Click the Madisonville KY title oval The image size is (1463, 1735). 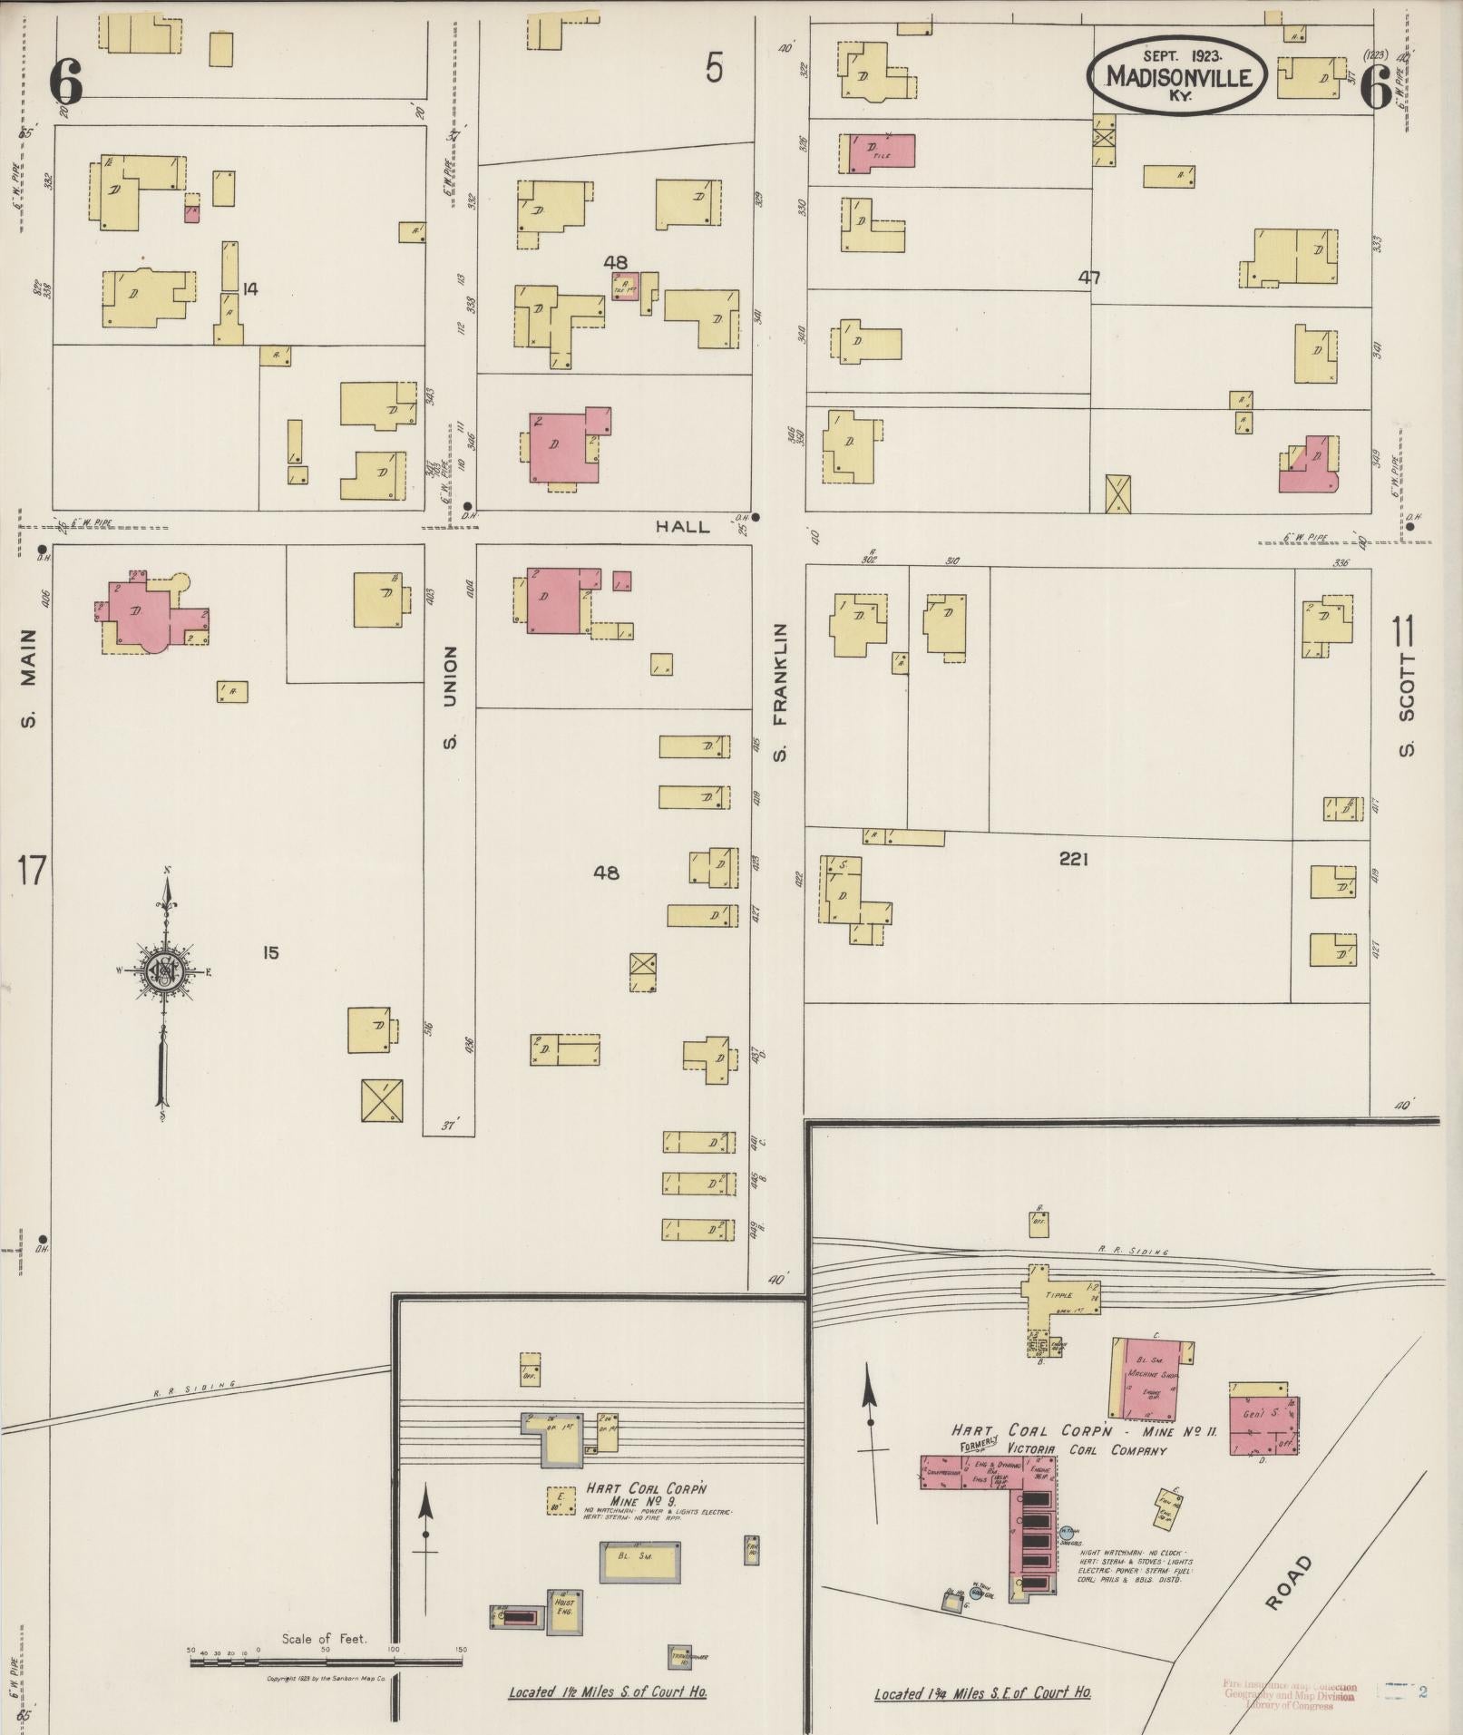[1176, 77]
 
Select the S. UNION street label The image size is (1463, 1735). [450, 698]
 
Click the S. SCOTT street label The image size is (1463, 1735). [1406, 704]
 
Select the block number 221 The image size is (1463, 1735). [1073, 858]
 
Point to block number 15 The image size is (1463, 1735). [270, 952]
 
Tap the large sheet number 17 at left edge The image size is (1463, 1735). [30, 871]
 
